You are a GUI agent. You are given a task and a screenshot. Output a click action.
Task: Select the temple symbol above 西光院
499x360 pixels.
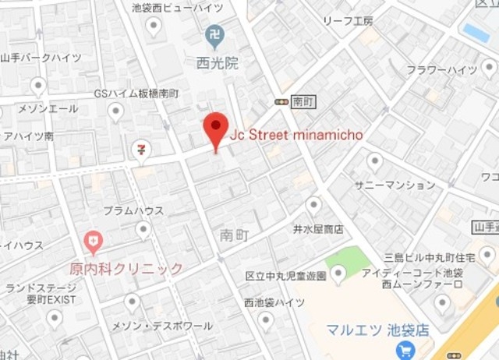point(213,35)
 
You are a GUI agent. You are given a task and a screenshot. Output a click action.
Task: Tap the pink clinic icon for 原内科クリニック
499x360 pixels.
point(93,241)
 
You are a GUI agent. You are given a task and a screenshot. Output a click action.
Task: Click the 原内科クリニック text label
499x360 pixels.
point(126,269)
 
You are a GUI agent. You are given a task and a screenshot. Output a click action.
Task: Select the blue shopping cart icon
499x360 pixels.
point(404,351)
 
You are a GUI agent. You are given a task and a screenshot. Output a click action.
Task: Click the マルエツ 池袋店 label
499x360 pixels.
point(377,330)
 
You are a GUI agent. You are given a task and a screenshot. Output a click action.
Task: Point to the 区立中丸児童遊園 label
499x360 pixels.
point(285,276)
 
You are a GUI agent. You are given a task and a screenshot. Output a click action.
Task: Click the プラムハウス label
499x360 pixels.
point(133,210)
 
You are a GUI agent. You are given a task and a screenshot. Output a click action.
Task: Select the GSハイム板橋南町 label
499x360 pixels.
point(136,94)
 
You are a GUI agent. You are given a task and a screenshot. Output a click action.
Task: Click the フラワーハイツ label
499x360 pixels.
point(442,70)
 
